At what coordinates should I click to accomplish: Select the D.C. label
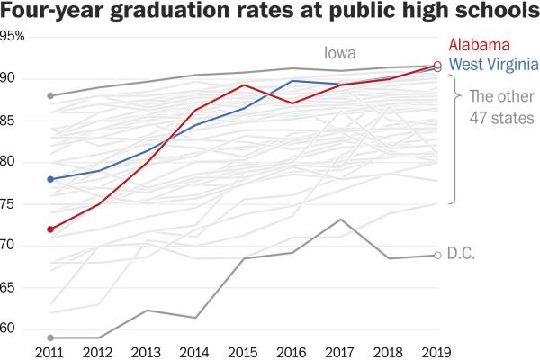tap(461, 256)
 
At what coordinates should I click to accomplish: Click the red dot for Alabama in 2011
tap(50, 229)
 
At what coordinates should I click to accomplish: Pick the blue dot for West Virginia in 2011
tap(50, 179)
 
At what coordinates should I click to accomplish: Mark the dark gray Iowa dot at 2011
tap(50, 95)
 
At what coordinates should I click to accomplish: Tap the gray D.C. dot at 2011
tap(50, 337)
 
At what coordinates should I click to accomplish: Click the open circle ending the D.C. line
tap(438, 256)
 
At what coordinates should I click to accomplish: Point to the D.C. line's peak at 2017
tap(340, 220)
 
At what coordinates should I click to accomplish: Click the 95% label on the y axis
tap(13, 37)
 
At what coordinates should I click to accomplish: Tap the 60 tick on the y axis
tap(9, 328)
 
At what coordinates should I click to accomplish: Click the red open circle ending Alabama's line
tap(438, 65)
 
